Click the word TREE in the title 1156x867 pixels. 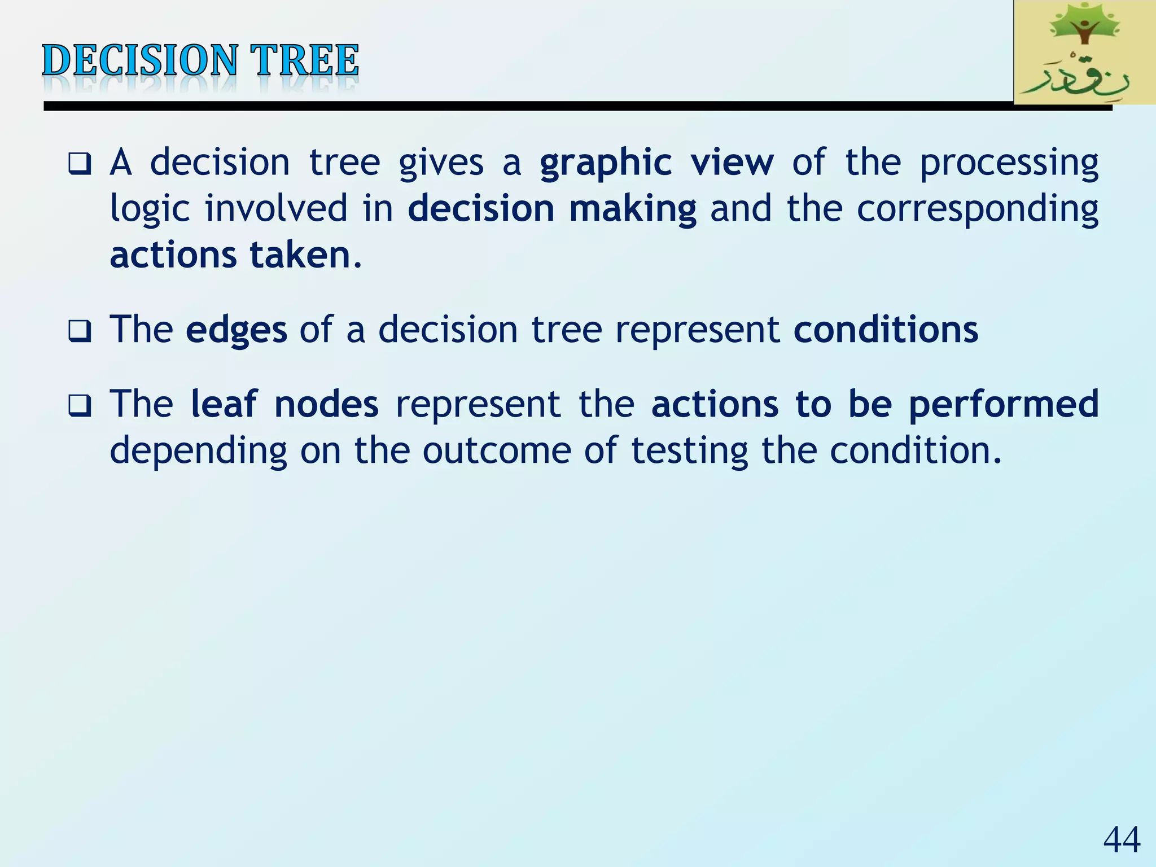pyautogui.click(x=304, y=60)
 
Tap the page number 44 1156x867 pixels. pyautogui.click(x=1121, y=840)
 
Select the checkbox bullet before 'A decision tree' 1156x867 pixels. pyautogui.click(x=79, y=164)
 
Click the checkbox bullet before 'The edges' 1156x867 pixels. pyautogui.click(x=79, y=331)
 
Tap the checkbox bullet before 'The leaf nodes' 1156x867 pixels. pyautogui.click(x=79, y=405)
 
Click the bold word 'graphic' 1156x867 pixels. pyautogui.click(x=606, y=164)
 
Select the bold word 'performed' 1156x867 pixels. pyautogui.click(x=1004, y=405)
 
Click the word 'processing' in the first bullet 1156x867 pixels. pyautogui.click(x=1009, y=164)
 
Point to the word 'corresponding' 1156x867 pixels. pyautogui.click(x=977, y=209)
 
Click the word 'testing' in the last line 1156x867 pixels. pyautogui.click(x=689, y=452)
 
